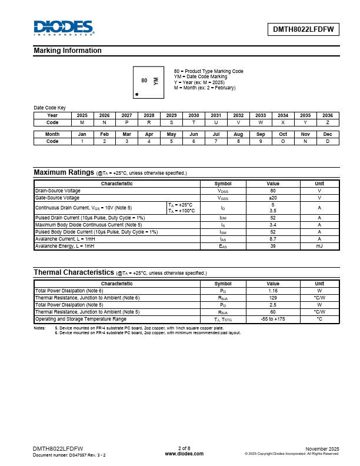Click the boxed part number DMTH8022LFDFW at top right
[x=304, y=29]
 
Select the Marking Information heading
[x=68, y=51]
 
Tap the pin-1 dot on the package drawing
[x=137, y=94]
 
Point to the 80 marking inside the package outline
[x=144, y=80]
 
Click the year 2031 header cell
[x=216, y=115]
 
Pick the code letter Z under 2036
[x=328, y=122]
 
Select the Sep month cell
[x=261, y=134]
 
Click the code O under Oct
[x=283, y=141]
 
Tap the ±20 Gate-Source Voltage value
[x=273, y=198]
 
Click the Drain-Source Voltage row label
[x=58, y=191]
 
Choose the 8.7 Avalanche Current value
[x=273, y=239]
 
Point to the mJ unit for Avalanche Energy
[x=319, y=246]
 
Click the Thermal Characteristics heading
[x=74, y=272]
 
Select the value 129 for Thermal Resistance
[x=273, y=298]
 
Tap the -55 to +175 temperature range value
[x=273, y=319]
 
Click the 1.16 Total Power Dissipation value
[x=273, y=291]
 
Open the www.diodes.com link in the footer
[x=184, y=454]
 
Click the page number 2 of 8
[x=184, y=448]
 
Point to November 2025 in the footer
[x=322, y=448]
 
